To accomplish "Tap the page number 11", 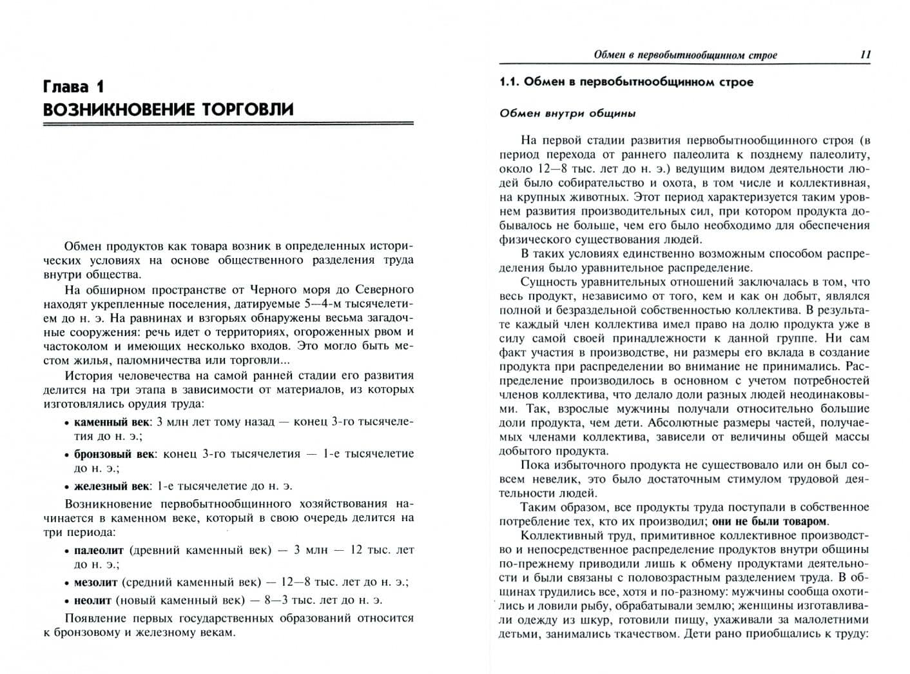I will (x=865, y=55).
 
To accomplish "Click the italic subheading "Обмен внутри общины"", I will (x=567, y=114).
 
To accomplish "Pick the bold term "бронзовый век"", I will (x=114, y=453).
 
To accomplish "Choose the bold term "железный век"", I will (x=111, y=486).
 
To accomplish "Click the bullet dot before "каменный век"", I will (x=68, y=423).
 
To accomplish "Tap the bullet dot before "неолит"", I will (x=68, y=601).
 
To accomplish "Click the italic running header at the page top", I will (x=685, y=55).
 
